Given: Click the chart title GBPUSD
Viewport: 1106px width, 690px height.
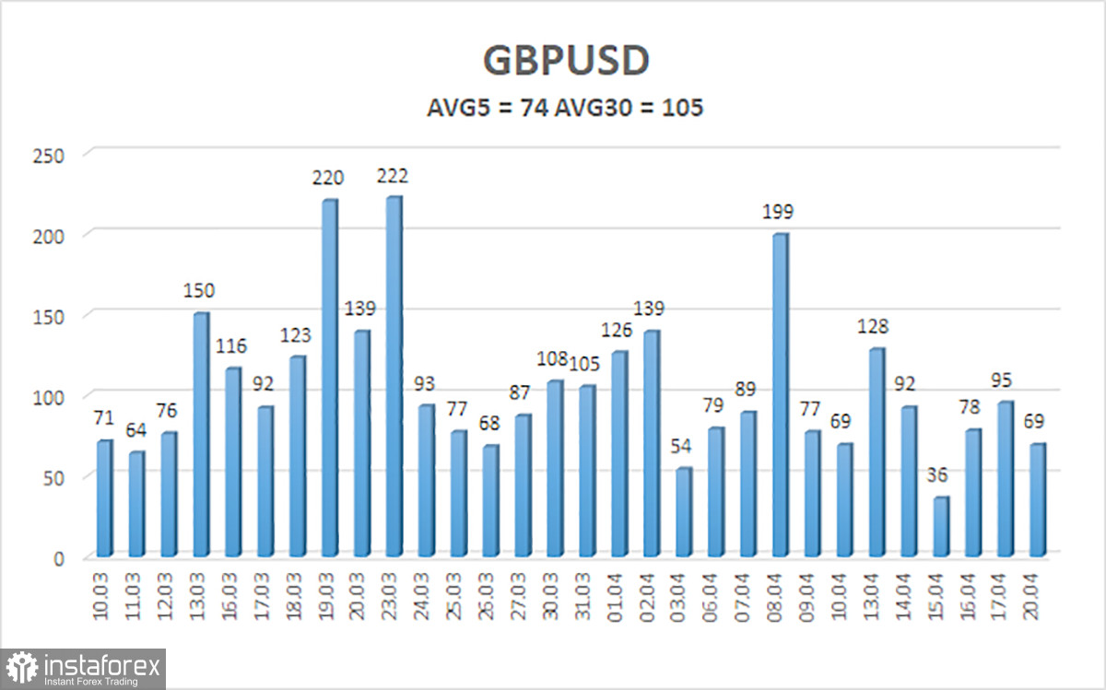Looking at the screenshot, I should pyautogui.click(x=566, y=61).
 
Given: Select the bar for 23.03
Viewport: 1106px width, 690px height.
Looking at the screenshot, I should pyautogui.click(x=394, y=377).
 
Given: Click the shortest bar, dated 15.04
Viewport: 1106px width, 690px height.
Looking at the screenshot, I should pyautogui.click(x=941, y=526).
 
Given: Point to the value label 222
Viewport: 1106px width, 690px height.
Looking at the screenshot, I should pyautogui.click(x=393, y=175).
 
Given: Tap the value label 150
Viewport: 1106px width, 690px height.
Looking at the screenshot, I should pyautogui.click(x=199, y=291).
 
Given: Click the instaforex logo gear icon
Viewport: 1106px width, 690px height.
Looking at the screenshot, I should pyautogui.click(x=21, y=668).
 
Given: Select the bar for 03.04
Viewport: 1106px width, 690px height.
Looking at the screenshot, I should pyautogui.click(x=684, y=511).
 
